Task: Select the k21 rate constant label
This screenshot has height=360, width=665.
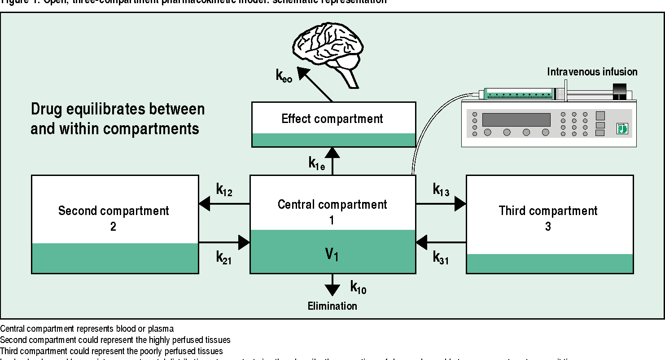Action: coord(224,257)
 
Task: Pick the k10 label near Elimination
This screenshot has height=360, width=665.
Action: coord(358,287)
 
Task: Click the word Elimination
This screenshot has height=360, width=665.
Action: coord(332,306)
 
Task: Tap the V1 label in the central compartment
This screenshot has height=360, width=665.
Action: coord(332,255)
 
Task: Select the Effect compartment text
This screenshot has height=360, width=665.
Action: coord(332,119)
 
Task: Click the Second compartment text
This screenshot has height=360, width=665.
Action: coord(114,211)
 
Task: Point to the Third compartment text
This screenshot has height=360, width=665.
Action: coord(548,211)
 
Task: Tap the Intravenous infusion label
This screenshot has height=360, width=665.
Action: coord(592,72)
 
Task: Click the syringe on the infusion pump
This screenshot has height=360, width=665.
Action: coord(521,94)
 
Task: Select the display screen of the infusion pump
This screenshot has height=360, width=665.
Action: coord(516,120)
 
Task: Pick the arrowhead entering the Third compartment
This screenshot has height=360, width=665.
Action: coord(460,204)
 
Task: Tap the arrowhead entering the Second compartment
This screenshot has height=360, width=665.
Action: coord(205,204)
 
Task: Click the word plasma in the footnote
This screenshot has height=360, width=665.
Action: coord(162,329)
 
